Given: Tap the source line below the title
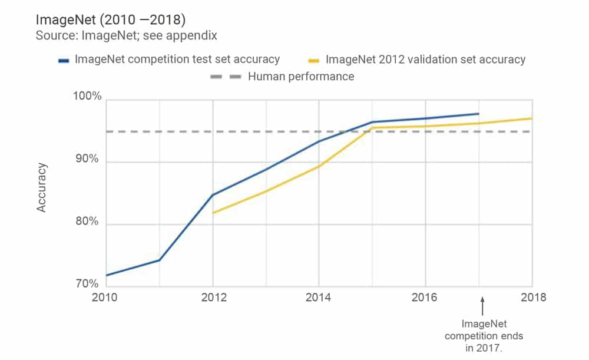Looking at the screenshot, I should [x=127, y=36].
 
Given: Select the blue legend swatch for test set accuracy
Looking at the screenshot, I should [x=64, y=60].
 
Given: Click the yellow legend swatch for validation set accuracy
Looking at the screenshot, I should [x=314, y=60].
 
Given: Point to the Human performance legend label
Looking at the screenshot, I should [x=301, y=77].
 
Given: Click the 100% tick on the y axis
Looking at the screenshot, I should [x=86, y=97].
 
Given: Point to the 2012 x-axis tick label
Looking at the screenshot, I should [x=213, y=298].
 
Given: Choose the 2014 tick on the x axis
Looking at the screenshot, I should [x=319, y=298].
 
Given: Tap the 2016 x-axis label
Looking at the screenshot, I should [x=425, y=298].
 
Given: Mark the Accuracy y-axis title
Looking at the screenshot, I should [x=42, y=187].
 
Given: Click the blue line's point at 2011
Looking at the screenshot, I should [x=159, y=260].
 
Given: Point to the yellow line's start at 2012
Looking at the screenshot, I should [x=213, y=213].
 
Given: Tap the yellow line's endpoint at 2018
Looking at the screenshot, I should [x=532, y=118].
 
